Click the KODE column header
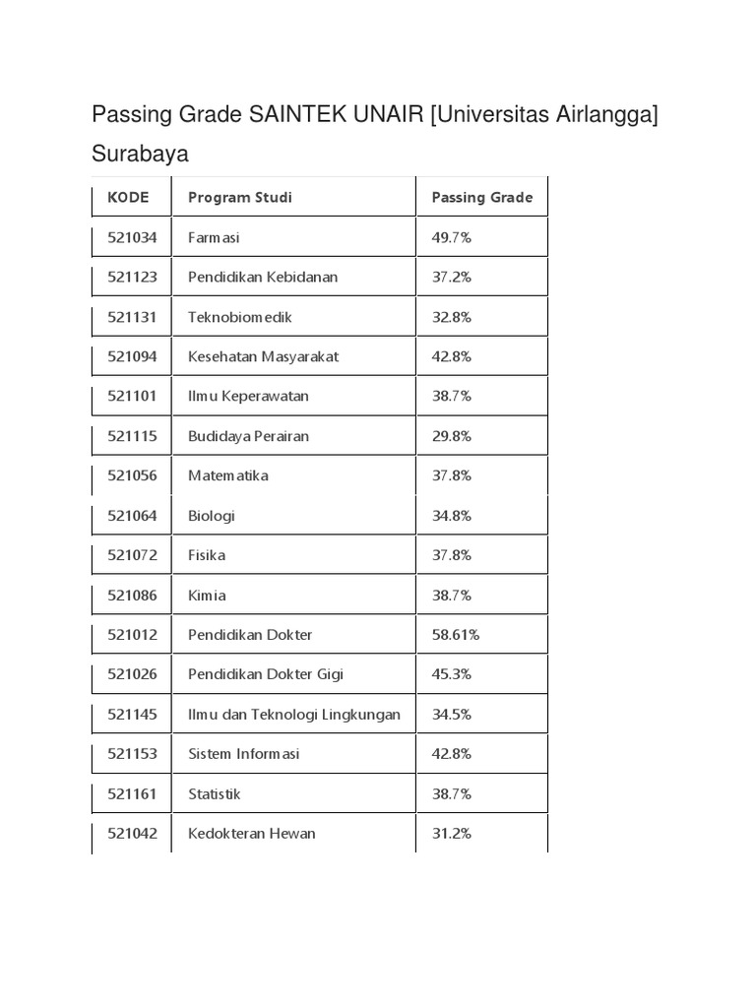coord(128,197)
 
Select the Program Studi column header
coord(239,197)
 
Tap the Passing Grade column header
coord(481,197)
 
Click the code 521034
coord(132,237)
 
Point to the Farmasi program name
coord(214,237)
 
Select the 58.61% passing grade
coord(455,635)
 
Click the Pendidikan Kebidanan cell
coord(262,277)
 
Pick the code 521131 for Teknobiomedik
coord(132,317)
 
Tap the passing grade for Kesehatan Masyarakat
coord(451,356)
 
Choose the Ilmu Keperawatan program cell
coord(248,396)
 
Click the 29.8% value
coord(451,436)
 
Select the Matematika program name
coord(227,475)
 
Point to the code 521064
coord(132,516)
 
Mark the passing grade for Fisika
coord(451,555)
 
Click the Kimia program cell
coord(207,596)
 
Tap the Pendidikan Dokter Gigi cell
coord(266,674)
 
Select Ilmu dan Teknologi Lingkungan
coord(293,715)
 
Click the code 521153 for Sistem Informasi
coord(132,754)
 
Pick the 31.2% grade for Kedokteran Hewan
coord(451,834)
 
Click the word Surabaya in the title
coord(140,155)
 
